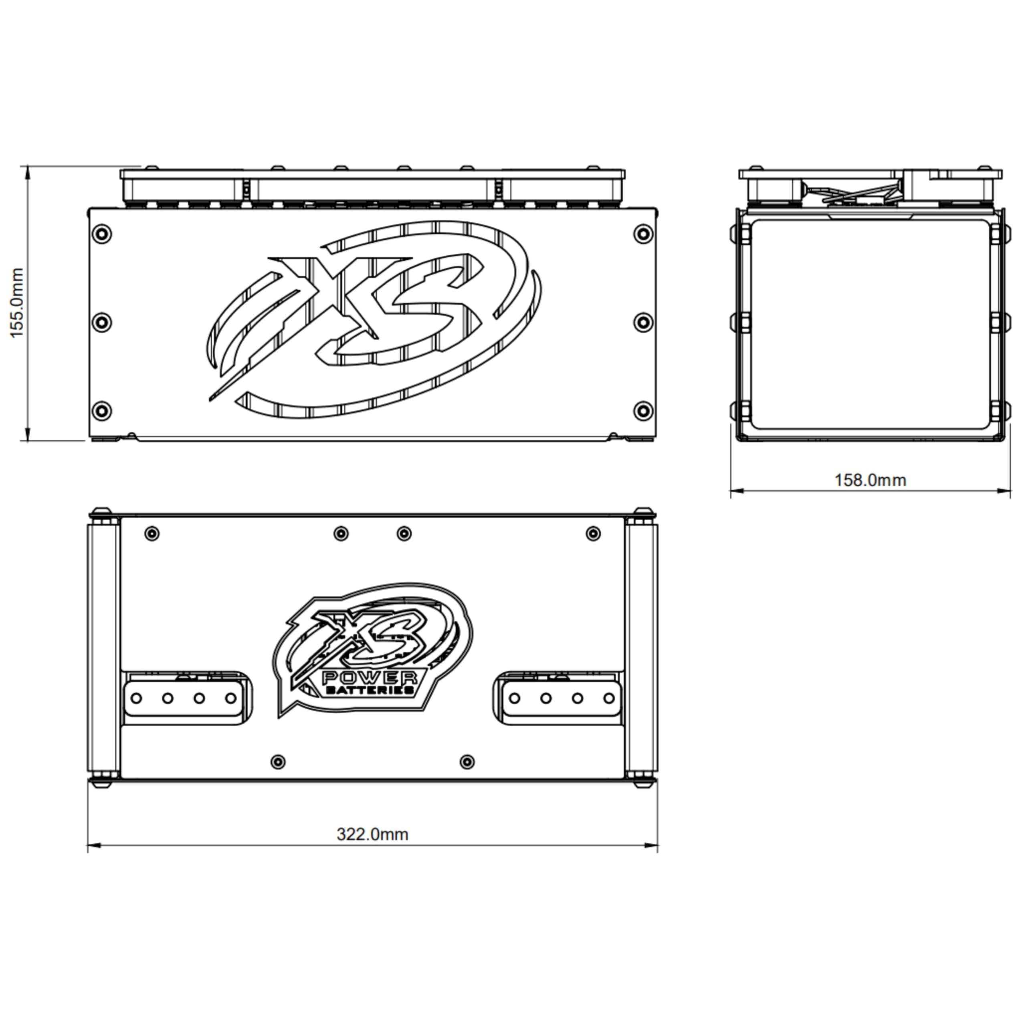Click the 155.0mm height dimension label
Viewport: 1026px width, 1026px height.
tap(17, 303)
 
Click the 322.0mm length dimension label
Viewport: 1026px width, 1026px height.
tap(372, 834)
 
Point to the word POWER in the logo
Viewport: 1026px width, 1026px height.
tap(370, 678)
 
